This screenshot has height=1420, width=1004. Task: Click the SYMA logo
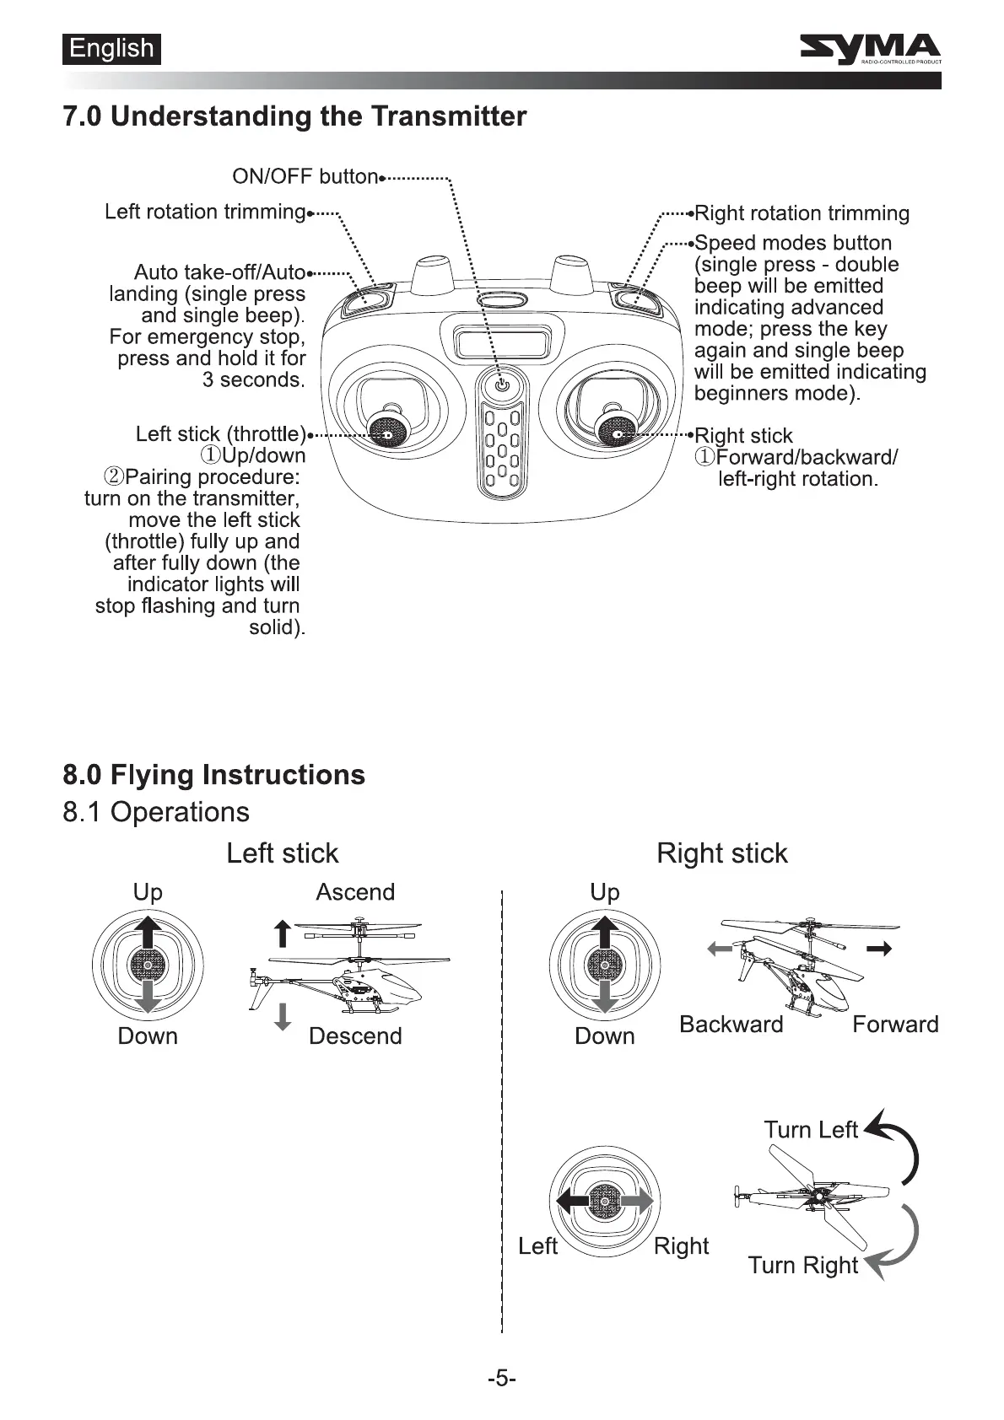coord(870,50)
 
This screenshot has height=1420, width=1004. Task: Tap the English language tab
coord(111,49)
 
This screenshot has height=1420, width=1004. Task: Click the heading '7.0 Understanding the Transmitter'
coord(294,116)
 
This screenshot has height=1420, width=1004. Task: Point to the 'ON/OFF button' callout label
coord(305,176)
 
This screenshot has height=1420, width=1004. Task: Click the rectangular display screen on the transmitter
coord(501,343)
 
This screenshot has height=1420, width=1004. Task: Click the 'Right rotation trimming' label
coord(802,213)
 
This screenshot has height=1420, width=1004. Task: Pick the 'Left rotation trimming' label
coord(204,212)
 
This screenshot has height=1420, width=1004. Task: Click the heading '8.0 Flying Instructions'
coord(214,775)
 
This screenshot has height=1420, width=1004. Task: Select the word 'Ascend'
coord(355,892)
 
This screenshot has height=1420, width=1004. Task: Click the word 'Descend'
coord(355,1036)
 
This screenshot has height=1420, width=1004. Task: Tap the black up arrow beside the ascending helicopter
coord(283,933)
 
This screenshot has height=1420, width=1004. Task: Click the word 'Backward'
coord(731,1025)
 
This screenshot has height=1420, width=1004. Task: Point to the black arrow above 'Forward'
coord(879,949)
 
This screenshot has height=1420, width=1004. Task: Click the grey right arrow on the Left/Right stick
coord(639,1201)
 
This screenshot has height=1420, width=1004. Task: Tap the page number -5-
coord(501,1379)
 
